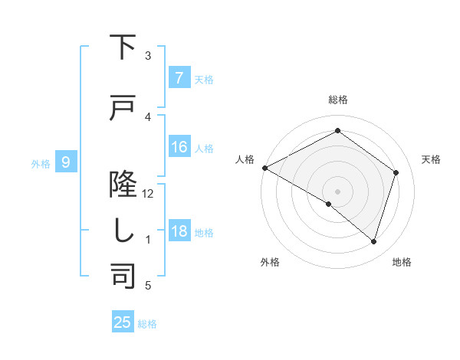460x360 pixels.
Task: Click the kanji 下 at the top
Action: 123,47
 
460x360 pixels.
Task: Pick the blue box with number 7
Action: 179,78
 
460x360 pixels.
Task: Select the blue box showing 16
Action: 179,147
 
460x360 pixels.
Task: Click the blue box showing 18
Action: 179,231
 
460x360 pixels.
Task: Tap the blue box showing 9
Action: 66,162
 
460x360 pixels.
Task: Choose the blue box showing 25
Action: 123,322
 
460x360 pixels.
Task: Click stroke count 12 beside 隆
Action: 148,194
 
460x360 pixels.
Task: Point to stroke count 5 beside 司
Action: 148,286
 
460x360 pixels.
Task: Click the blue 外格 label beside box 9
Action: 40,163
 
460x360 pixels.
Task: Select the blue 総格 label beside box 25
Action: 147,324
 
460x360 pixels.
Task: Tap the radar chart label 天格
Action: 431,159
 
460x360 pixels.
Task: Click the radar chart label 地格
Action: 402,262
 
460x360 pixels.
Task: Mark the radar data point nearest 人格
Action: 264,168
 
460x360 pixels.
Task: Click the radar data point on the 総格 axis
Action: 337,131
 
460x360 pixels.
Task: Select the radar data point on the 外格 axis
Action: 329,204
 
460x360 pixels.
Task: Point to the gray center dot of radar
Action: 337,191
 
